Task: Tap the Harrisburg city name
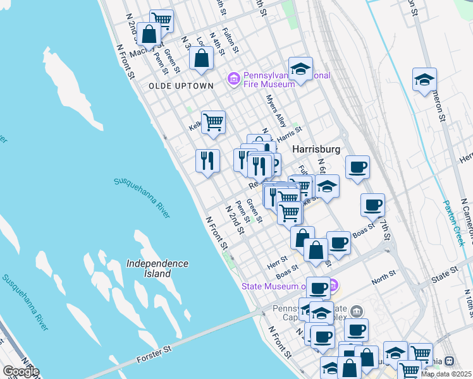[x=317, y=149]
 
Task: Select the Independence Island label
[x=157, y=268]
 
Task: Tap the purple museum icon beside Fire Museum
[x=233, y=78]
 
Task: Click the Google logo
[x=20, y=371]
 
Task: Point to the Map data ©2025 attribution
[x=446, y=374]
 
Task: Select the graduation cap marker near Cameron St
[x=424, y=80]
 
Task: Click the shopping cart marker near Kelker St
[x=213, y=121]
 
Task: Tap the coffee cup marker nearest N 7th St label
[x=372, y=205]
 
